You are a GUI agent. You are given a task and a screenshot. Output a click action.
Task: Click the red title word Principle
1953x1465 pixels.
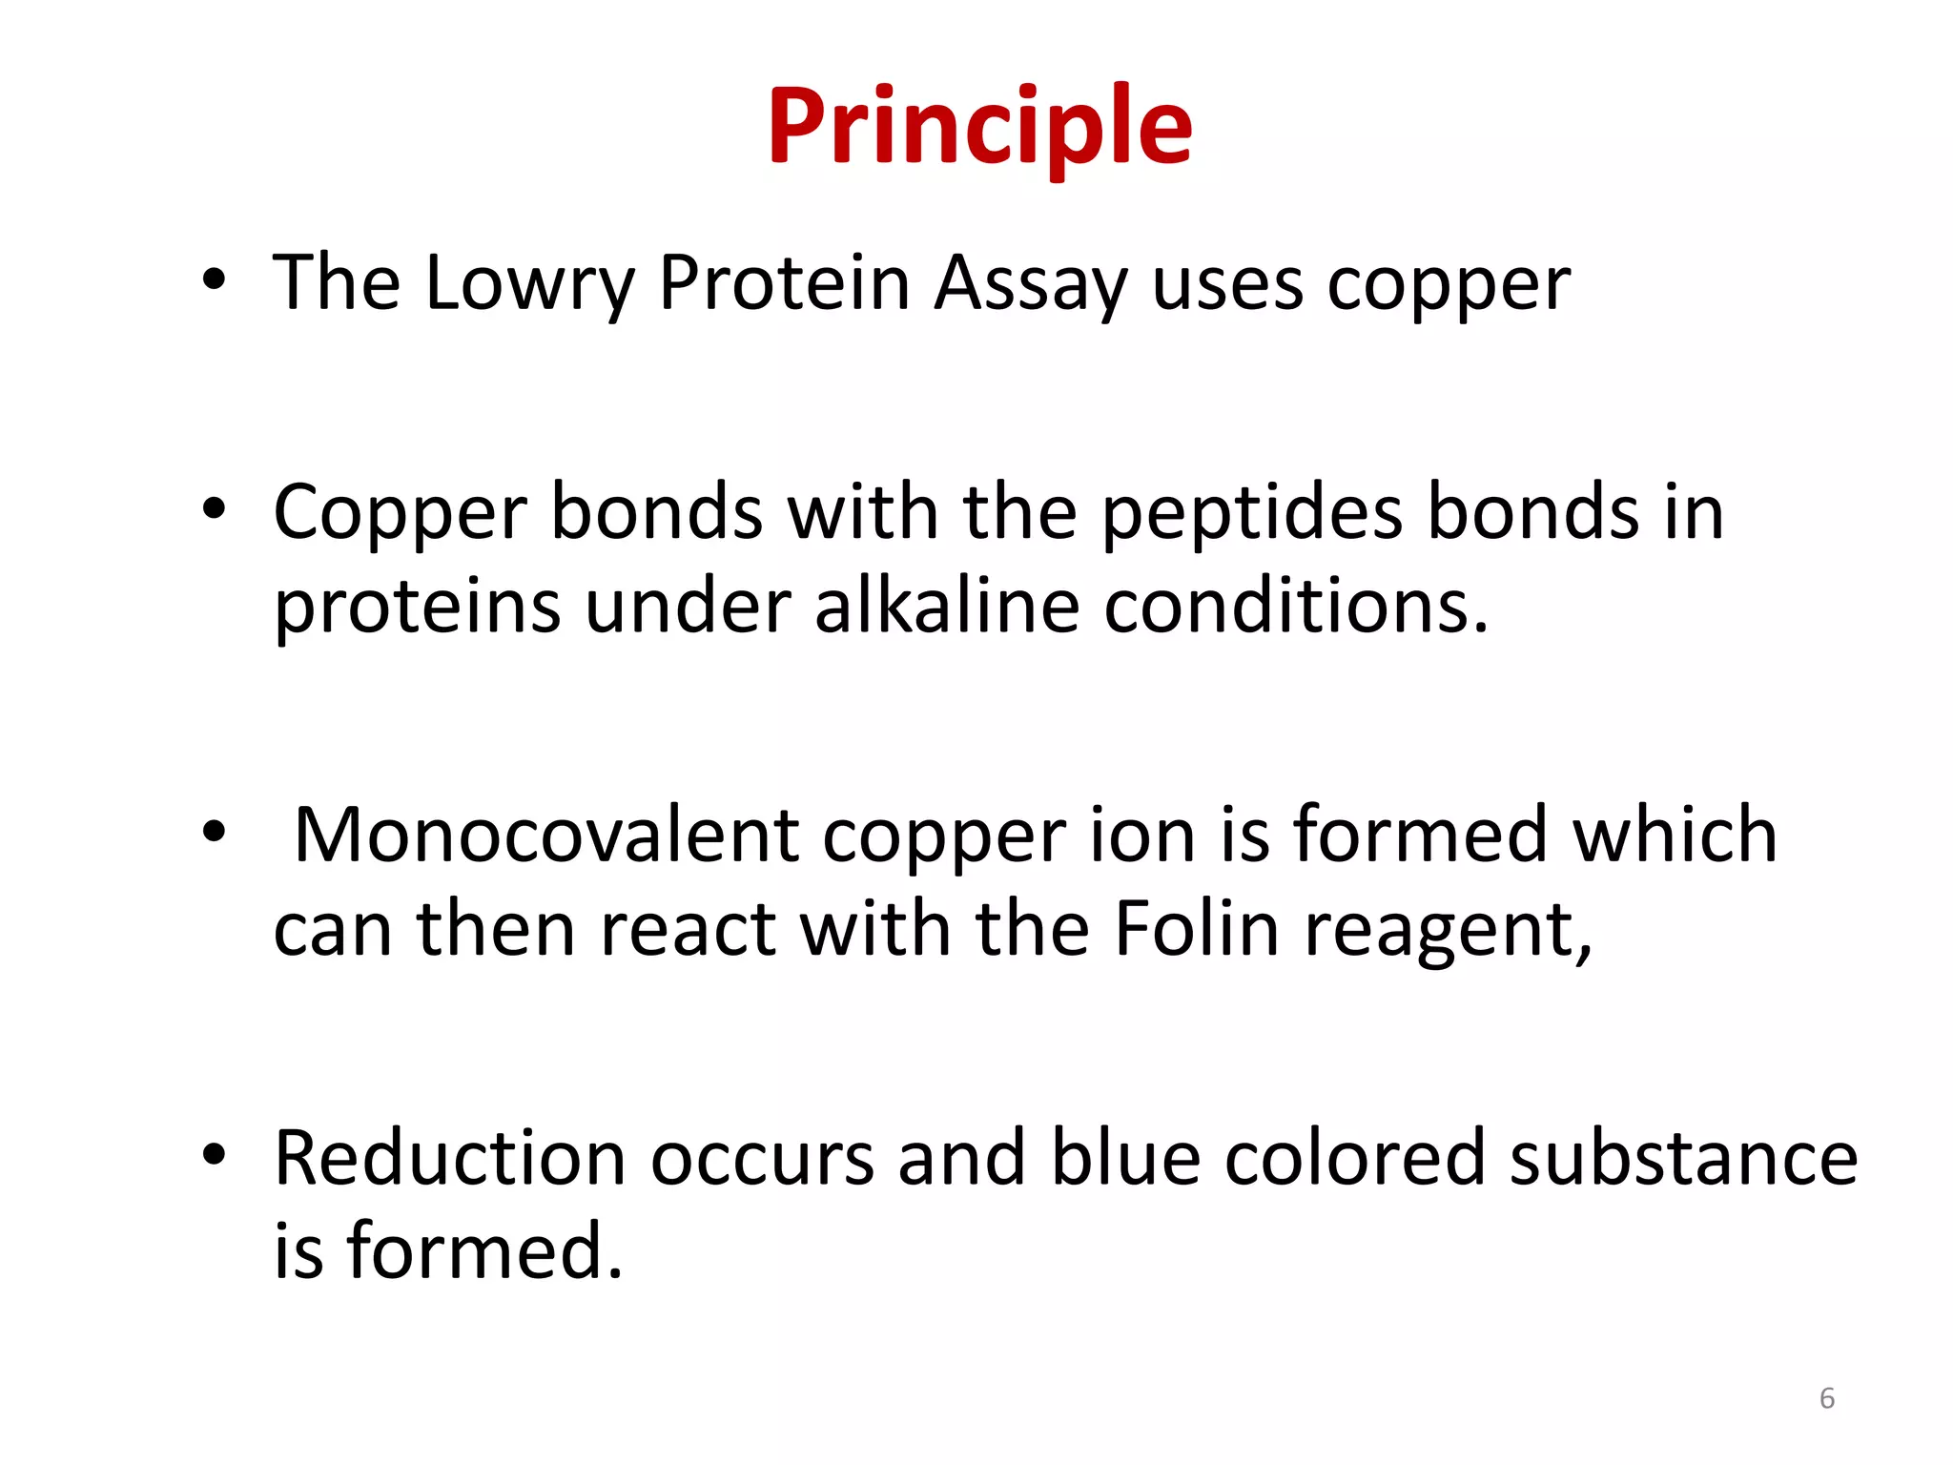pyautogui.click(x=979, y=126)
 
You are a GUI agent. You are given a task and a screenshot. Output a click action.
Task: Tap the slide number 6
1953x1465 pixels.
pyautogui.click(x=1826, y=1398)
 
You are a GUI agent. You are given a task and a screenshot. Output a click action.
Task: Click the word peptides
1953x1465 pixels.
pyautogui.click(x=1252, y=513)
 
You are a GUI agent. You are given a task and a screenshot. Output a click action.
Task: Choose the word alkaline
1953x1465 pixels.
pyautogui.click(x=947, y=607)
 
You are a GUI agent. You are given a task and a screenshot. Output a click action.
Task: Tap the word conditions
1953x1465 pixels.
pyautogui.click(x=1295, y=607)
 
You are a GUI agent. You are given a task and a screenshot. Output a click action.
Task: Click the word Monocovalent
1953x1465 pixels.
pyautogui.click(x=545, y=836)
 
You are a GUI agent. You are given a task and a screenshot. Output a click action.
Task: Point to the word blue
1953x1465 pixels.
pyautogui.click(x=1125, y=1158)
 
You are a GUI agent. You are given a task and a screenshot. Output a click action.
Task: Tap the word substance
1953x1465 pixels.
pyautogui.click(x=1683, y=1158)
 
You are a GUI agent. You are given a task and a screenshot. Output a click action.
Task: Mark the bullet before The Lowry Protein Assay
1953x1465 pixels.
pyautogui.click(x=215, y=280)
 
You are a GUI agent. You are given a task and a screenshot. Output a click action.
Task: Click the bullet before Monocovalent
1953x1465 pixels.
pyautogui.click(x=215, y=832)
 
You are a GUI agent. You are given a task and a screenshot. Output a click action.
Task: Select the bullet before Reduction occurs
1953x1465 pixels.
pyautogui.click(x=215, y=1155)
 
